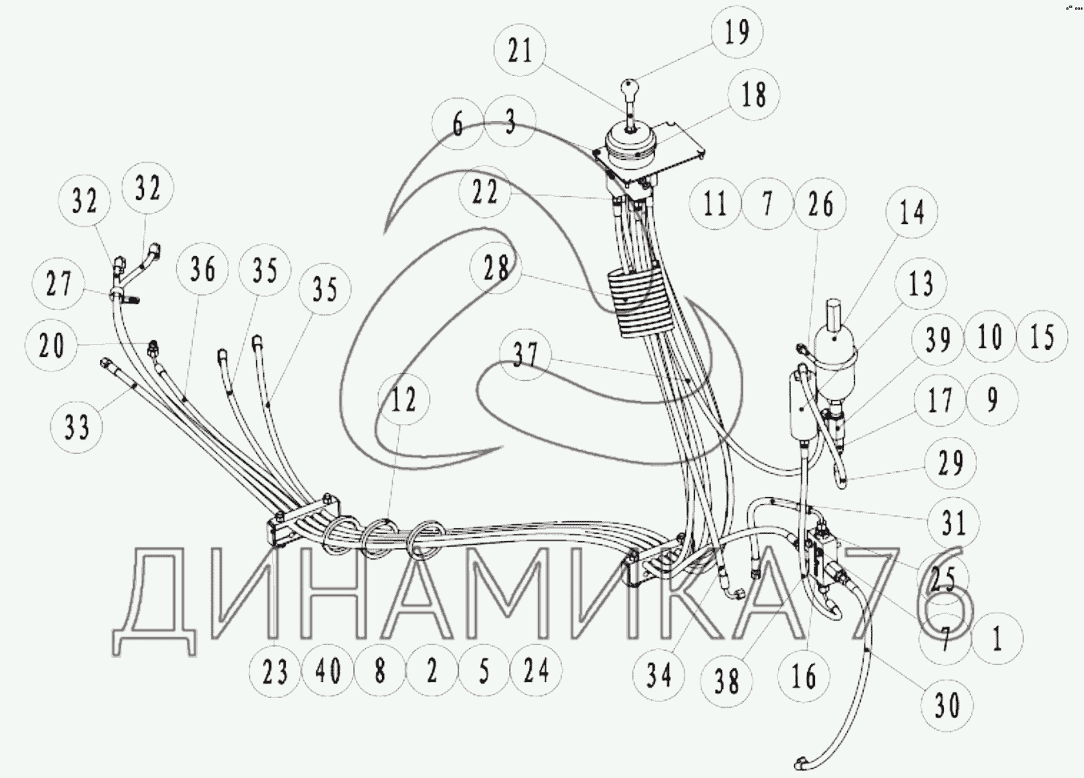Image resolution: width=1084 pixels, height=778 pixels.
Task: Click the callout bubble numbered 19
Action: pyautogui.click(x=737, y=33)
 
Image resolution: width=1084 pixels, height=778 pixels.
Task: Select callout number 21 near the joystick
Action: pyautogui.click(x=520, y=52)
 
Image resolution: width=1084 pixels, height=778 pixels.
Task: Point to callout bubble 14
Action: pyautogui.click(x=912, y=213)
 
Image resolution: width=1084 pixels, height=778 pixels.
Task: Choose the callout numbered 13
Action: pyautogui.click(x=921, y=283)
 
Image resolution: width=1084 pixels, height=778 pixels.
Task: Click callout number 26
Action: pyautogui.click(x=820, y=205)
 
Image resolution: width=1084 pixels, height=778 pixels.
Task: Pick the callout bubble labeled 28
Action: pyautogui.click(x=496, y=268)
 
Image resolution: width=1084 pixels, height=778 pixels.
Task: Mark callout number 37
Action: pyautogui.click(x=525, y=355)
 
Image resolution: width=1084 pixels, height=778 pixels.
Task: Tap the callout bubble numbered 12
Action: pyautogui.click(x=403, y=399)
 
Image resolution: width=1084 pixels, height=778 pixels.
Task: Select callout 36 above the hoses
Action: pyautogui.click(x=203, y=269)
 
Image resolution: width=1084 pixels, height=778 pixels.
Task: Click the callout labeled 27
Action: pyautogui.click(x=58, y=284)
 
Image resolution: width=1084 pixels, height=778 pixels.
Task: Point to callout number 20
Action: pyautogui.click(x=51, y=347)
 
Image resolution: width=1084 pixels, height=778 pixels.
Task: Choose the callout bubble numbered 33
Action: pyautogui.click(x=77, y=427)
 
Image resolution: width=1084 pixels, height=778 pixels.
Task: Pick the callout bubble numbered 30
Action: pyautogui.click(x=946, y=706)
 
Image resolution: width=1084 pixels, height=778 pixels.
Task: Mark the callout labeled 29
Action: pyautogui.click(x=950, y=463)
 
